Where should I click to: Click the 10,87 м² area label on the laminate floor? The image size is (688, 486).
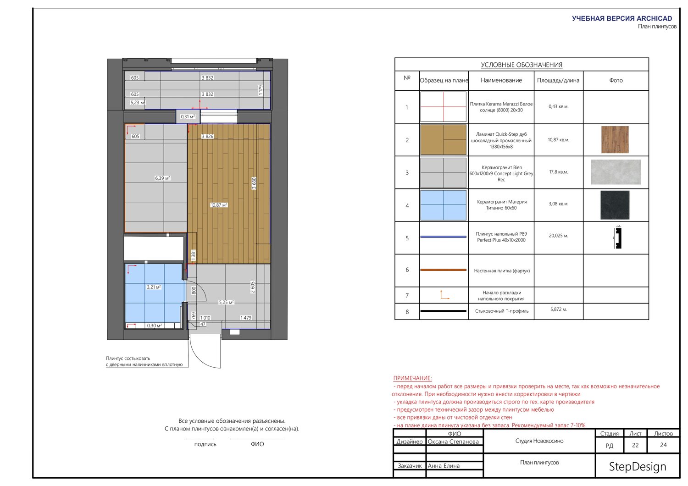click(219, 205)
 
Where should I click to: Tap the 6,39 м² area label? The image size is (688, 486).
click(162, 178)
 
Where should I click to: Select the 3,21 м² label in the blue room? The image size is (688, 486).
click(154, 287)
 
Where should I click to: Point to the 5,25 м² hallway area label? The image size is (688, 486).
click(226, 303)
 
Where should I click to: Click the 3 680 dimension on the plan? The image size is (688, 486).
click(254, 183)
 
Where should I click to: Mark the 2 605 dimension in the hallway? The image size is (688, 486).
click(252, 287)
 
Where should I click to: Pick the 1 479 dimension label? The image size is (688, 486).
click(246, 318)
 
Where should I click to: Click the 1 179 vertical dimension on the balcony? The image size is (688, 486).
click(261, 90)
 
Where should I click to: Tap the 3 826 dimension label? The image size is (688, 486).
click(207, 136)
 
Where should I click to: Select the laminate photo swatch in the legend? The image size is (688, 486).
click(615, 140)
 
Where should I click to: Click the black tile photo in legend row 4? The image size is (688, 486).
click(615, 205)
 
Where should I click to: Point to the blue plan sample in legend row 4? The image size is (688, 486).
click(443, 205)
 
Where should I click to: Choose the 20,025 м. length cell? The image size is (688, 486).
click(558, 236)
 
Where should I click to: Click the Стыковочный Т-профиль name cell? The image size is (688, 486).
click(502, 311)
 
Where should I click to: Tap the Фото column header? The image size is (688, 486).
click(616, 80)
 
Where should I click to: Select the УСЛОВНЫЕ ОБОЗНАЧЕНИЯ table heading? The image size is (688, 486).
click(522, 65)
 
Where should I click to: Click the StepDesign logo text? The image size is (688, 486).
click(638, 466)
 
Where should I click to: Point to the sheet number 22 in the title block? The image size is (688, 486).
click(635, 445)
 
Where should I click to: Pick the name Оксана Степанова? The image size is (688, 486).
click(453, 442)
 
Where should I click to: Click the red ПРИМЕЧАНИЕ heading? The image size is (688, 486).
click(412, 378)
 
